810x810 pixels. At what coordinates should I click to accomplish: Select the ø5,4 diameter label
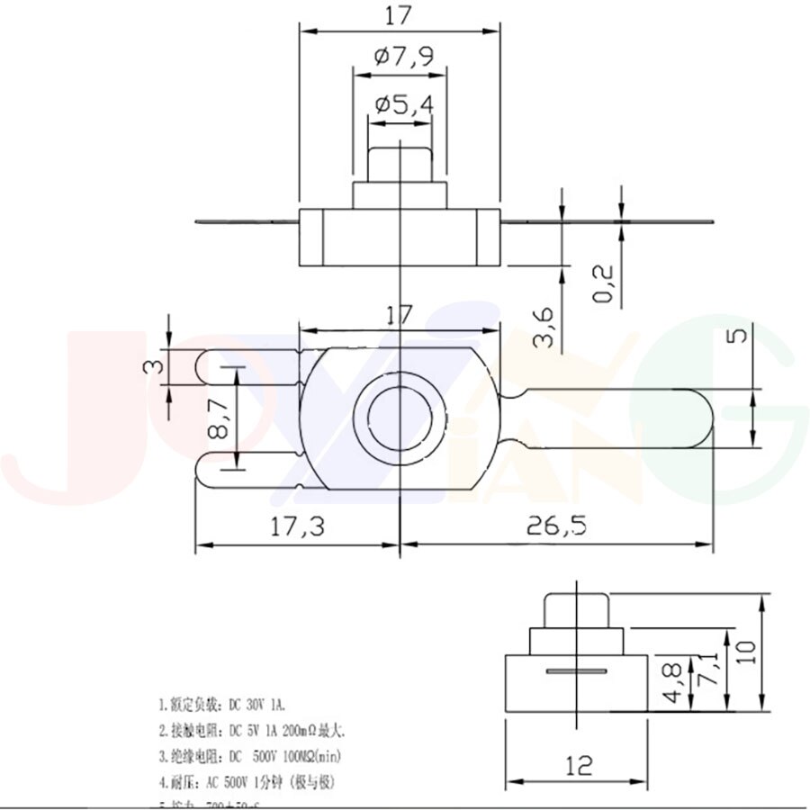403,105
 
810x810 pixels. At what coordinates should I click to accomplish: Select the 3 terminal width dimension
155,367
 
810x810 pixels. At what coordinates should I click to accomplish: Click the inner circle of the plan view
399,416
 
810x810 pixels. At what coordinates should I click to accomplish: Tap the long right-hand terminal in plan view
621,417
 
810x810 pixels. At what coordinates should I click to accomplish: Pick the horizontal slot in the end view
577,671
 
